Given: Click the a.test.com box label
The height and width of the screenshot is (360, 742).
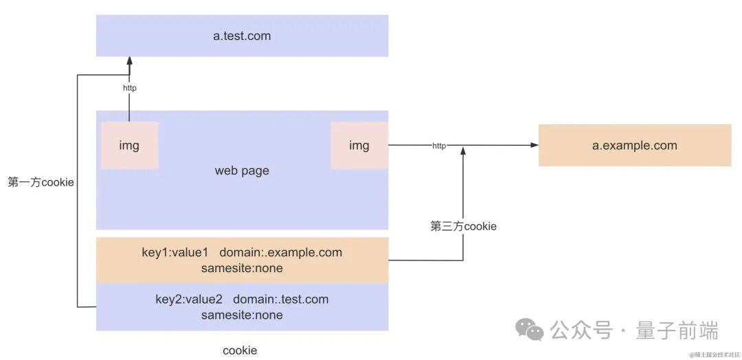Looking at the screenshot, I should point(242,36).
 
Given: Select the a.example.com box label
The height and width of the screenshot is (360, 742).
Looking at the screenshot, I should point(634,145).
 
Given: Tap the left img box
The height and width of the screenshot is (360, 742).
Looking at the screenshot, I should point(129,146).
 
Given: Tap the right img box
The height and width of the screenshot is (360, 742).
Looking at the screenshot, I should point(359,146).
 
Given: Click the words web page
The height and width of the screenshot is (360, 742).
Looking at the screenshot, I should point(242,170).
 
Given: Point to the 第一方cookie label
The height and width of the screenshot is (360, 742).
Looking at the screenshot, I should point(41,182).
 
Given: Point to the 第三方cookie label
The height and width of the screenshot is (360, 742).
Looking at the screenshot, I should point(463,226).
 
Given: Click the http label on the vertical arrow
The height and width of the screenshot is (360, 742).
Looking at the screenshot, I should point(129,88).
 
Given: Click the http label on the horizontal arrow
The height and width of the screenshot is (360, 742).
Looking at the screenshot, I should point(439,146).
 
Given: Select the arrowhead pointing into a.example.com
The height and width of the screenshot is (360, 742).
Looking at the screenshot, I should point(533,145).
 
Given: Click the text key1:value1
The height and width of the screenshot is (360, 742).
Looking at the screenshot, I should point(175,252).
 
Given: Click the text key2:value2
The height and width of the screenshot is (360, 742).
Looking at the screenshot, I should point(188,299).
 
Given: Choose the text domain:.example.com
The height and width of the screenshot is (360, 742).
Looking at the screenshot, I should point(280,252).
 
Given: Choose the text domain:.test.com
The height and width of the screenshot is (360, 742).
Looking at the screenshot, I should point(280,299).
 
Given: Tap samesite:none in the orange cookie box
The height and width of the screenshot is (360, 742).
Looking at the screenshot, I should point(242,268).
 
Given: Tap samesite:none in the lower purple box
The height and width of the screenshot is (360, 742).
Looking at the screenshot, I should point(242,315).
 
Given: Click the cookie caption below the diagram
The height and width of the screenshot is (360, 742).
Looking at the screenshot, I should point(240,350).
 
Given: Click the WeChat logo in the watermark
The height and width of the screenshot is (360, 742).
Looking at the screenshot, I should point(530,330).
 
